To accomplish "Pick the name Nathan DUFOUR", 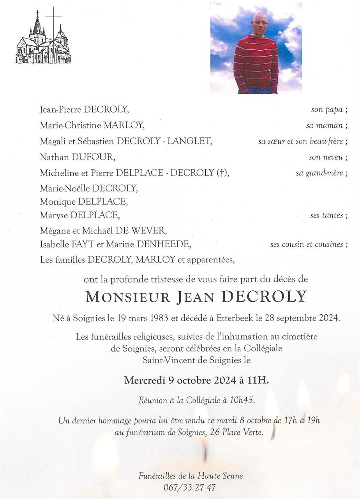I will (77, 157).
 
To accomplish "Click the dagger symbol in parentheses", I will (221, 173).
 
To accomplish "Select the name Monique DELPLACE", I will (84, 202).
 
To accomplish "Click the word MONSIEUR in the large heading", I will (127, 297).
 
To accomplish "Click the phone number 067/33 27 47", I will (191, 487).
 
